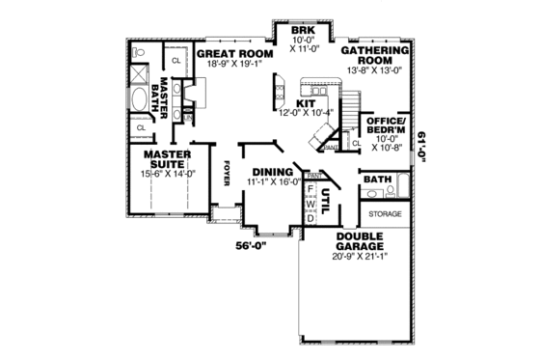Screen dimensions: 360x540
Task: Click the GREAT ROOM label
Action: coord(234,54)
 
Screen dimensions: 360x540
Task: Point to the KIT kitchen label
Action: coord(306,102)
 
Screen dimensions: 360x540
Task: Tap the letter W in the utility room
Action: coord(310,205)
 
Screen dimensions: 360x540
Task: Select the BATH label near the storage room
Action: coord(376,180)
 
